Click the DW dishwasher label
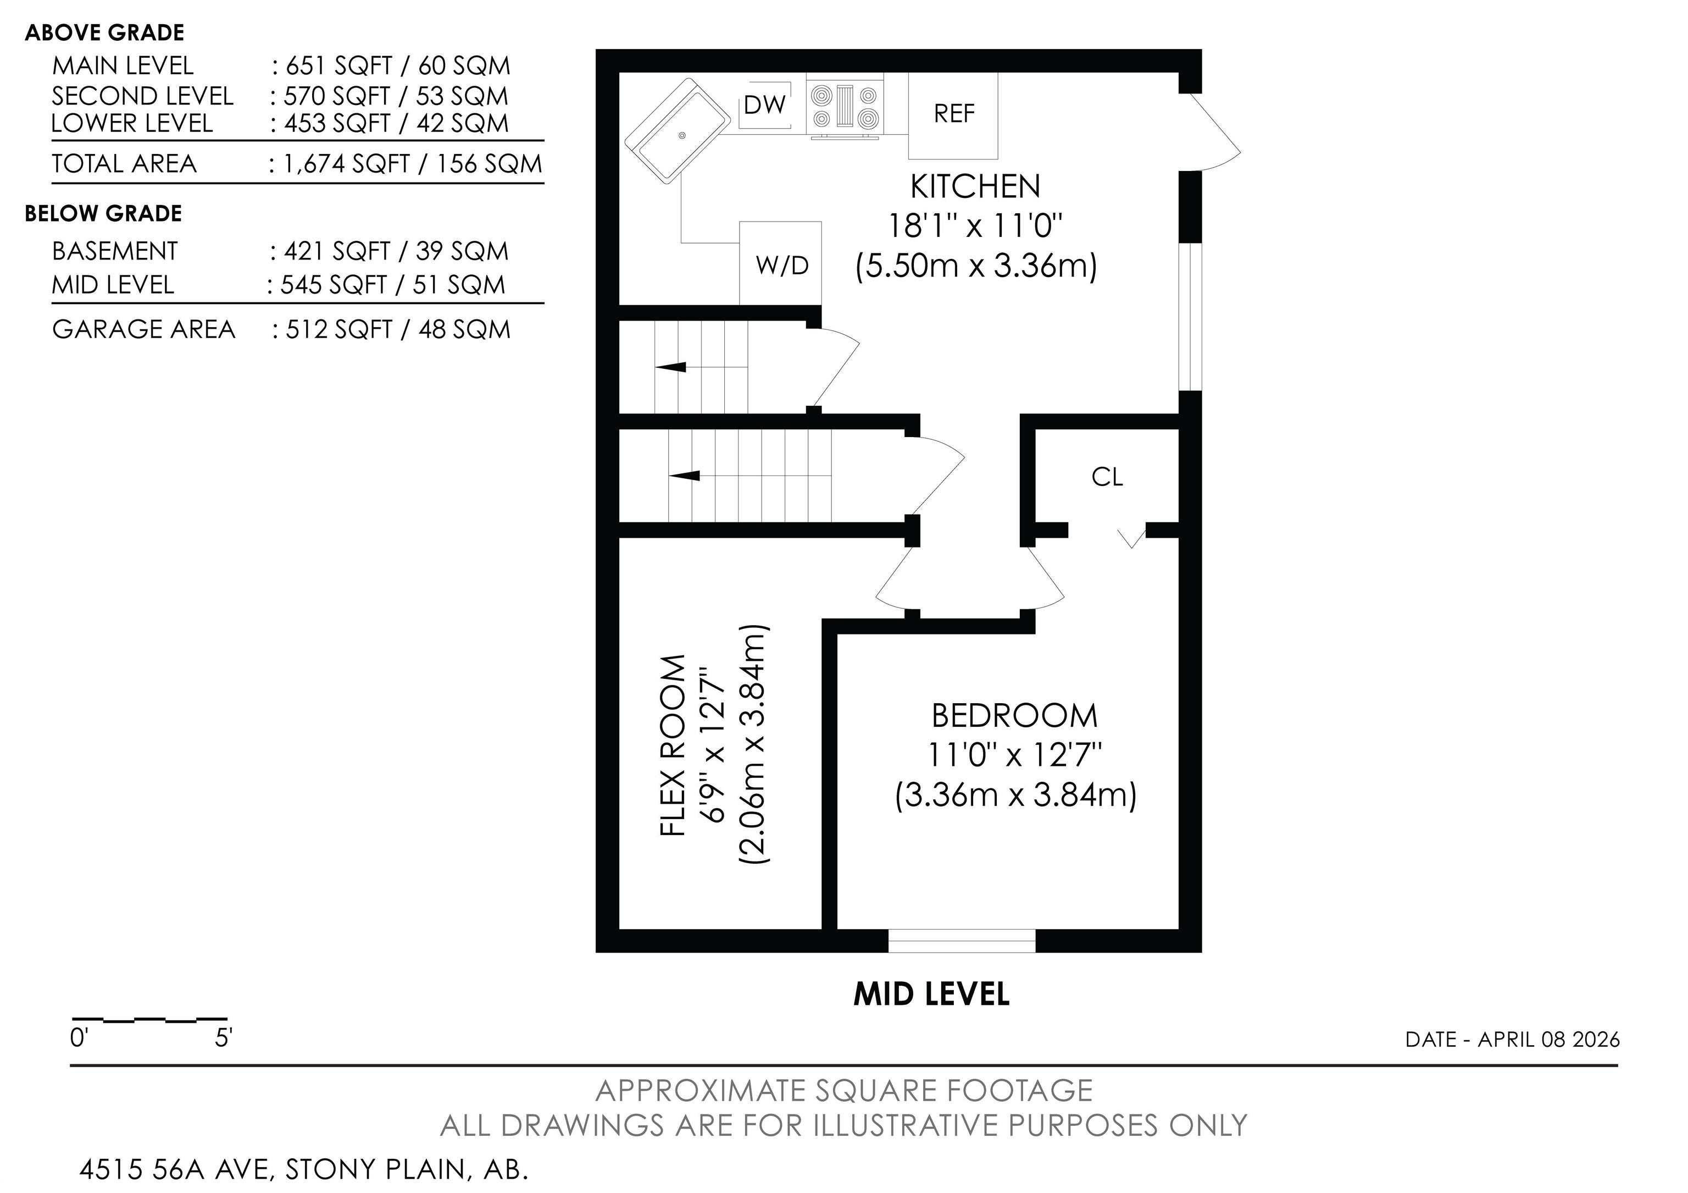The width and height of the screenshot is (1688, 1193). point(764,105)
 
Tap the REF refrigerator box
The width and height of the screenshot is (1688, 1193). point(953,115)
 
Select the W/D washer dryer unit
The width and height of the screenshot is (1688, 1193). point(780,263)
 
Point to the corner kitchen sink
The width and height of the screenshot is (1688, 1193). point(677,131)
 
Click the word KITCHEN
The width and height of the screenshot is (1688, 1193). point(975,187)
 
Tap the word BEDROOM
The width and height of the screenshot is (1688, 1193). point(1014,716)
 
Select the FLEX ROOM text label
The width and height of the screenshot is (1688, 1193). point(674,745)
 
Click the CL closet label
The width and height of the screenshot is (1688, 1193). point(1107,477)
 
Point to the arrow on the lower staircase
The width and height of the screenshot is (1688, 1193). point(684,476)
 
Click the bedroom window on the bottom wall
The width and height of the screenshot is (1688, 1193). point(962,941)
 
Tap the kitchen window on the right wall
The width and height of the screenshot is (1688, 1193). point(1190,316)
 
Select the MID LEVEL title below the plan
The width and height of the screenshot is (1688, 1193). point(931,995)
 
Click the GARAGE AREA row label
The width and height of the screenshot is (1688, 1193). point(144,329)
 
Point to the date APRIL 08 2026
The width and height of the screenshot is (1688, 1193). point(1548,1039)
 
